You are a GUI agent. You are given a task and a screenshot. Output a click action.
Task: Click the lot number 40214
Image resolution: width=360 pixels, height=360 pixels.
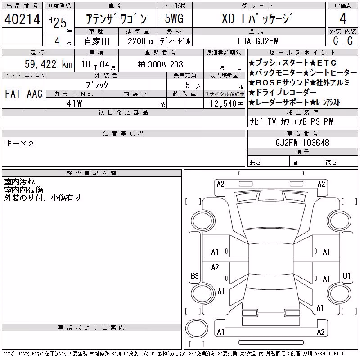(x=22, y=19)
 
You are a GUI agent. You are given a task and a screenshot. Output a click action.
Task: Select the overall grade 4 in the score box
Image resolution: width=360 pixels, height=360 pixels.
(x=343, y=18)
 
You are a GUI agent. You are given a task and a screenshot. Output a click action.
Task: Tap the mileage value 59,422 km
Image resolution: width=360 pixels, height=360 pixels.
(x=49, y=64)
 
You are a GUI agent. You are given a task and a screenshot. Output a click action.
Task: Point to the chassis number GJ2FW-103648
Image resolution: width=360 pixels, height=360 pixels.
(x=302, y=143)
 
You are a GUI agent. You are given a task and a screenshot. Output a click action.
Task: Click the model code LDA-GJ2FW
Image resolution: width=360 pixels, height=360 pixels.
(x=257, y=41)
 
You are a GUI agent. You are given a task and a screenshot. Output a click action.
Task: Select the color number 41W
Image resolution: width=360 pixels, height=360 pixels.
(x=74, y=103)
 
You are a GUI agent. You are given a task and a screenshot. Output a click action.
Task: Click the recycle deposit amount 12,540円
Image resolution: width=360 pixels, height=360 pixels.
(x=227, y=104)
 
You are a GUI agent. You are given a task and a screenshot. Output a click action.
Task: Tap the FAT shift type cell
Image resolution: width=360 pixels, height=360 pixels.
(x=13, y=94)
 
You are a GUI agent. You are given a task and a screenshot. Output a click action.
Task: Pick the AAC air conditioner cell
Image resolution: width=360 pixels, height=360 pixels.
(x=35, y=94)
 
